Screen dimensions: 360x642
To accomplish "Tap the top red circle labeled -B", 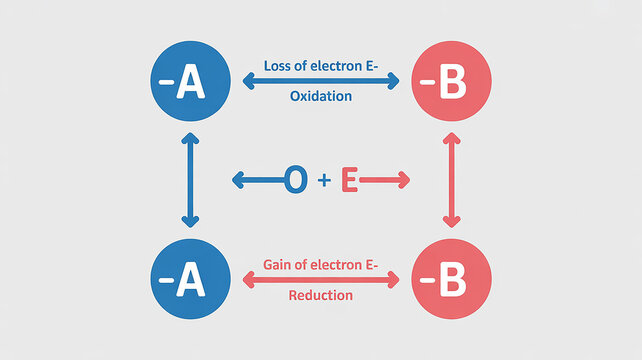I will pos(450,84).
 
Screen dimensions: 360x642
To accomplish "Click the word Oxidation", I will pos(320,97).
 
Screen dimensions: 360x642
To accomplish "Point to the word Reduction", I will pos(320,296).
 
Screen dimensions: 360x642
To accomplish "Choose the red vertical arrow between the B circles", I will pos(450,183).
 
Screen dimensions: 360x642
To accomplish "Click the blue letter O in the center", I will pos(297,180).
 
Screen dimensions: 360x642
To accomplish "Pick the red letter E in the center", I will pos(349,181).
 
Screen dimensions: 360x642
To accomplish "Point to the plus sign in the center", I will pos(323,181).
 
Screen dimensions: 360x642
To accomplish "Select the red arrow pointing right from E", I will pos(385,181).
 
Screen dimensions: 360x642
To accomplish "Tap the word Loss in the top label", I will pos(277,65).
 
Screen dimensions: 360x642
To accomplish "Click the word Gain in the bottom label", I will pos(278,264).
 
